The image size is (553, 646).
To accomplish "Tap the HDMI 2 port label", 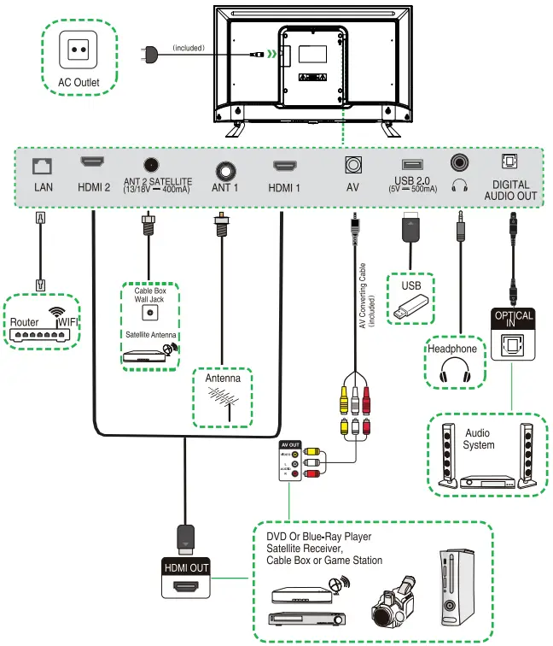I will pos(93,187).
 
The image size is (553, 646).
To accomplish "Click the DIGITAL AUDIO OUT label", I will pos(510,190).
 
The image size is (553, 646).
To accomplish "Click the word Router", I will pos(25,322).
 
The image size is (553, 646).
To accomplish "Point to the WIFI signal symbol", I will pos(58,315).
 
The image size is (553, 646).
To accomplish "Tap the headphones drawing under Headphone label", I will pos(453,370).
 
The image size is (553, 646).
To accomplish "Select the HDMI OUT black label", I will pos(186,567).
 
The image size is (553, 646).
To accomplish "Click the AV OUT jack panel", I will pos(291,461).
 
